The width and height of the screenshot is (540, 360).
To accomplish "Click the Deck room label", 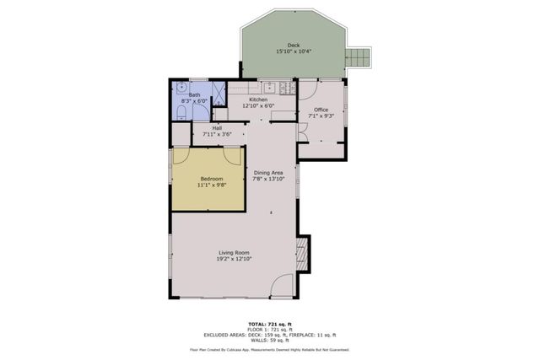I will pos(293,46).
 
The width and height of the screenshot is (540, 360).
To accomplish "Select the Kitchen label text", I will pos(258,99).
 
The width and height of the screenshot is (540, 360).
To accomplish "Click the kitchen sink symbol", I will pos(268,87).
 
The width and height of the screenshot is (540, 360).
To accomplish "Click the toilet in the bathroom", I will pos(181,110).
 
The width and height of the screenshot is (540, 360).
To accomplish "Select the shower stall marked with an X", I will pos(218,89).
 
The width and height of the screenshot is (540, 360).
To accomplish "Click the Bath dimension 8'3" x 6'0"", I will pos(195,101).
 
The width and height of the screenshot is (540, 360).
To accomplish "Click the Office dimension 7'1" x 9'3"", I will pos(321,116).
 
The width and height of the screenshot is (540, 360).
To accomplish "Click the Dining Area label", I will pos(269,173).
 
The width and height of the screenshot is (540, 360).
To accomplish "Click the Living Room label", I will pos(234,252).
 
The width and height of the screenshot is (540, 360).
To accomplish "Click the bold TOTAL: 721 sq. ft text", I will pos(269,324).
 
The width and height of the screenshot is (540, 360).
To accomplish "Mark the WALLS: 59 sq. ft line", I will pos(269,339).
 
